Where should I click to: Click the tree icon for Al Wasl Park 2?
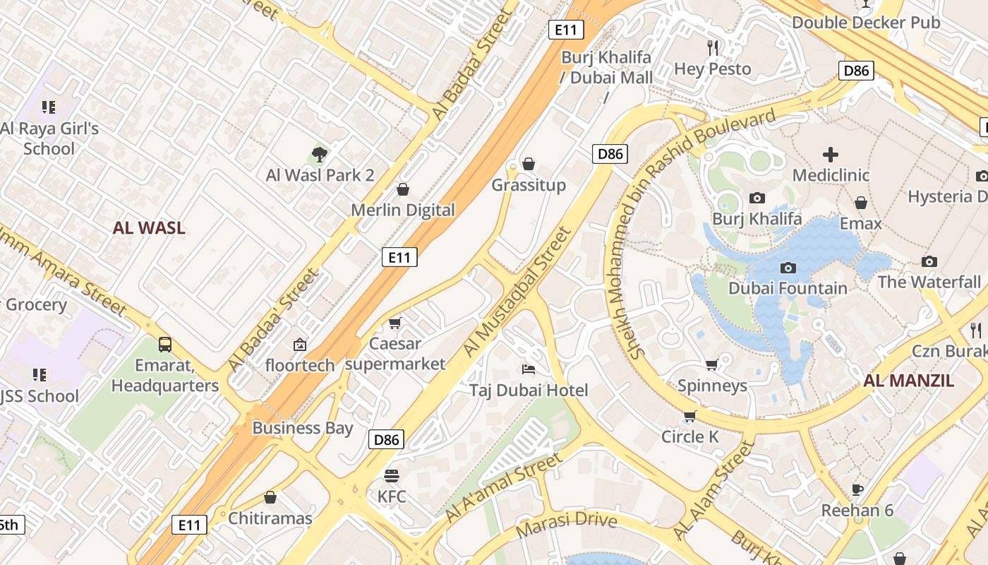(x=319, y=154)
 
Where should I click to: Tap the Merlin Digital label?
(x=403, y=210)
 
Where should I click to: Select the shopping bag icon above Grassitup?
(x=529, y=165)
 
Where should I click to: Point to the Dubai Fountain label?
(x=788, y=288)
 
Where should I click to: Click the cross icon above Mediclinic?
(x=831, y=154)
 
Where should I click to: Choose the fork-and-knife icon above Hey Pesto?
(x=713, y=48)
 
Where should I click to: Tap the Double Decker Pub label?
(x=866, y=23)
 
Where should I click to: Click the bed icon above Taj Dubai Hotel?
(x=528, y=369)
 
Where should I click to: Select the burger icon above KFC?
(x=392, y=475)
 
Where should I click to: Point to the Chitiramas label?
(x=270, y=518)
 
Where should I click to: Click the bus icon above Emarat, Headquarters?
(x=165, y=345)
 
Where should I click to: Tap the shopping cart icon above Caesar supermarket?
(x=395, y=323)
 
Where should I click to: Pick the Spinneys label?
(x=712, y=386)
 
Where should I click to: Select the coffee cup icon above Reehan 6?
(x=857, y=489)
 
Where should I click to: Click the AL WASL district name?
(x=149, y=227)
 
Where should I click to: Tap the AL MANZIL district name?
(x=909, y=381)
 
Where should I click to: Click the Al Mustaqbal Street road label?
(x=517, y=291)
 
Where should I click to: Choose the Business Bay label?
(x=303, y=428)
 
